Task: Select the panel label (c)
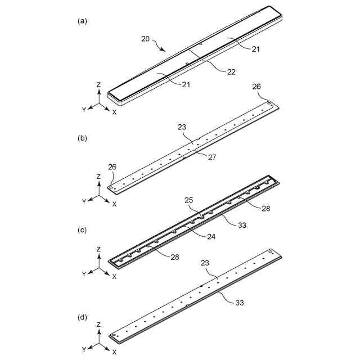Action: tap(82, 230)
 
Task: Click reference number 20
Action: tap(146, 39)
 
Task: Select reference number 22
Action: tap(231, 72)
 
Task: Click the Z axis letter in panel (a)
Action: tap(98, 84)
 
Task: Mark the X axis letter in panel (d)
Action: tap(115, 352)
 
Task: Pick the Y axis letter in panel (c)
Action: tap(84, 274)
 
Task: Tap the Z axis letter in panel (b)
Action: tap(98, 177)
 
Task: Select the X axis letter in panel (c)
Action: tap(115, 277)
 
